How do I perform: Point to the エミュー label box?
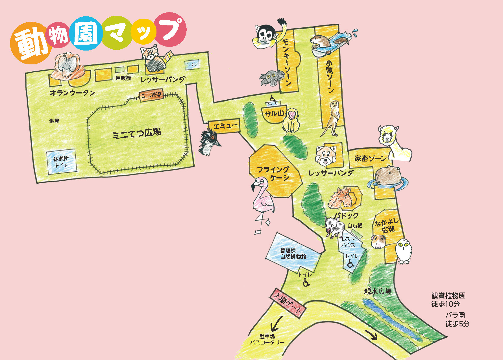(x=225, y=126)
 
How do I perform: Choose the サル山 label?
(x=274, y=114)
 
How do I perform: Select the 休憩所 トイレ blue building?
(x=62, y=162)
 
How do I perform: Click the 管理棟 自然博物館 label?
(x=293, y=254)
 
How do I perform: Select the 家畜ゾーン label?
(x=370, y=158)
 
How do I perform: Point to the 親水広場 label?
(x=378, y=291)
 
